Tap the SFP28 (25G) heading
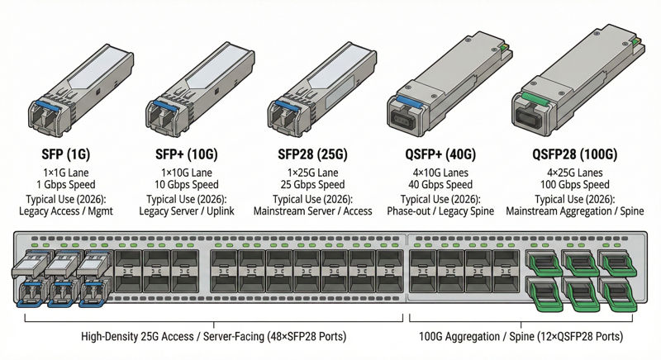[x=312, y=154]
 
